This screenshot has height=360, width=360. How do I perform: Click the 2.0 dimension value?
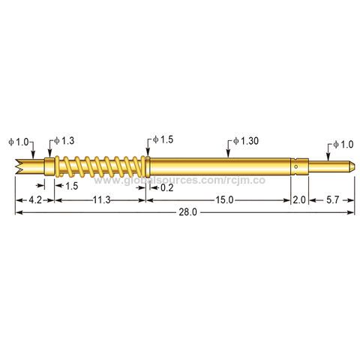(x=299, y=200)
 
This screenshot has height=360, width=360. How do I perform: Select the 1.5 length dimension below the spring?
(x=72, y=185)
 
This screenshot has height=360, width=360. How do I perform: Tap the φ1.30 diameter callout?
(x=245, y=140)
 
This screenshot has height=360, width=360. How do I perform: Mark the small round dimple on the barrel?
(x=298, y=166)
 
